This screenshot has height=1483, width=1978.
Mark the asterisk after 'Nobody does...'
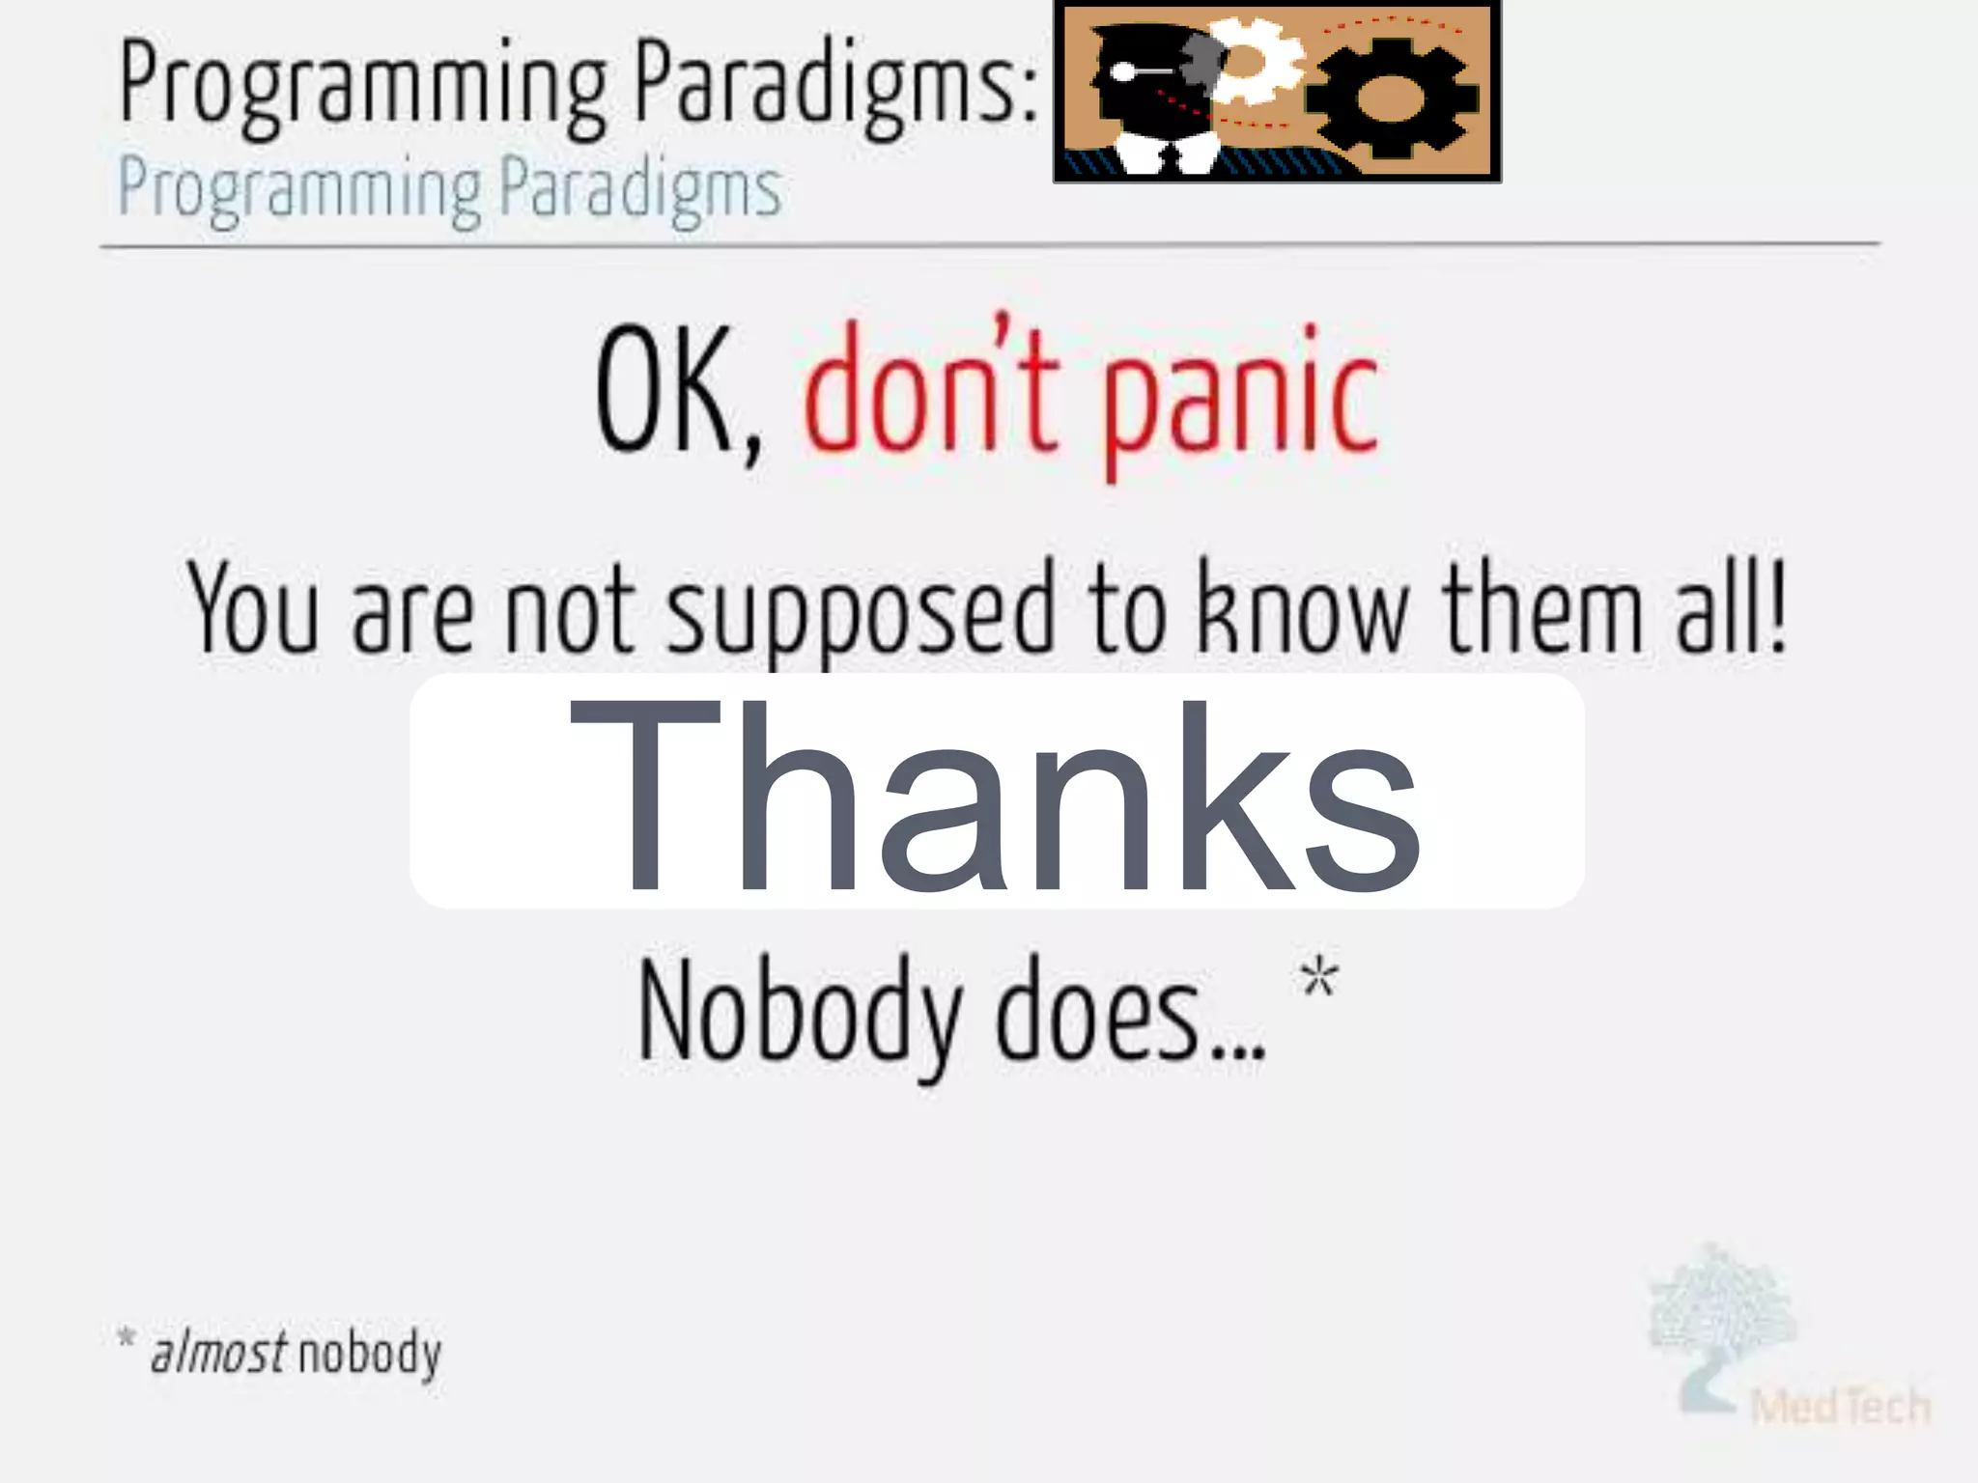(1319, 977)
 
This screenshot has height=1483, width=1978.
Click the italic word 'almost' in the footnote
(219, 1352)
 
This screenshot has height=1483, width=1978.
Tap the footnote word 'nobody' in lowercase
(369, 1354)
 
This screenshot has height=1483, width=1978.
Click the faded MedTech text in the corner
(1839, 1406)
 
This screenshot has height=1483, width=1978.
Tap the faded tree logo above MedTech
(1721, 1313)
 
